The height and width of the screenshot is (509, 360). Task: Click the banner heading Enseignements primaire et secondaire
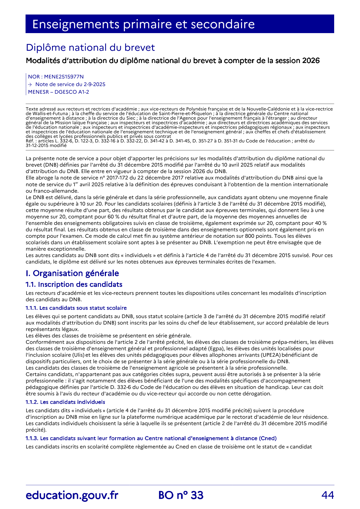[143, 24]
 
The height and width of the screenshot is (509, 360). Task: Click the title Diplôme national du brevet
[90, 47]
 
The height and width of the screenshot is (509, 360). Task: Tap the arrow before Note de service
[30, 84]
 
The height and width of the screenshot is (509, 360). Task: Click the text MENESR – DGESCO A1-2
[58, 92]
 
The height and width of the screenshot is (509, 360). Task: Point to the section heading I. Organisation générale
[72, 273]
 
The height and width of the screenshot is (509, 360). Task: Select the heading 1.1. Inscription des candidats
[74, 284]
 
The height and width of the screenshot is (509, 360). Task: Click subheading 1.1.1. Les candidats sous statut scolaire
[76, 308]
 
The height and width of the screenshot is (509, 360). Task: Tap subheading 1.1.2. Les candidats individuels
[65, 402]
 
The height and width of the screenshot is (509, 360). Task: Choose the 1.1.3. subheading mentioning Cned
[151, 438]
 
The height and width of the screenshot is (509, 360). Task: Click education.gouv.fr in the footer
[72, 495]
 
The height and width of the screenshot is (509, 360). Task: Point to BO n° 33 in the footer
[181, 495]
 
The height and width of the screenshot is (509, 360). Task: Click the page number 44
[327, 495]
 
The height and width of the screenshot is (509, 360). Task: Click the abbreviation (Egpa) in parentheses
[216, 348]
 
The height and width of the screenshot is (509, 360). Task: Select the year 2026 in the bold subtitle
[311, 61]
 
